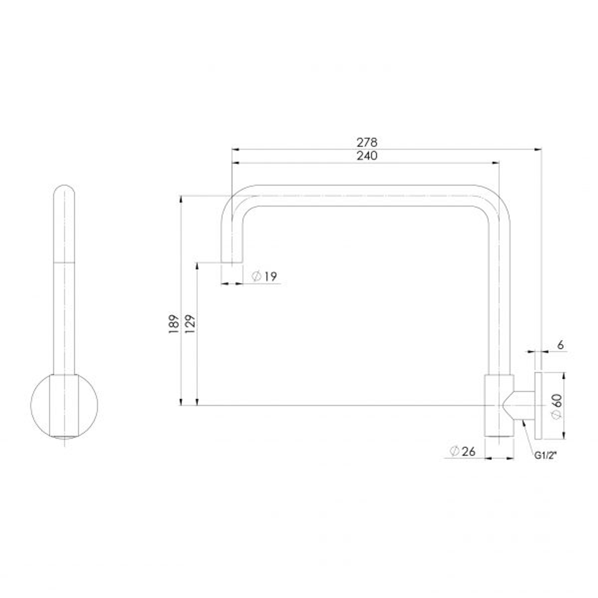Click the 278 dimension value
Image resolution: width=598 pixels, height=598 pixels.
click(x=367, y=142)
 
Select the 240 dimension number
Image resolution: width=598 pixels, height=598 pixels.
click(x=367, y=156)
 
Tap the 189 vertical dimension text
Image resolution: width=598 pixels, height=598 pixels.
click(x=174, y=323)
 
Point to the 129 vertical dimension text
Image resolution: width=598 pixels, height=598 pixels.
click(x=189, y=323)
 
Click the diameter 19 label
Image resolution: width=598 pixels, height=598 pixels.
click(x=264, y=276)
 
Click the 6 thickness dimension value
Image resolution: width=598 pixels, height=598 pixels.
click(x=560, y=345)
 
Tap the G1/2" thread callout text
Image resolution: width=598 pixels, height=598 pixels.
click(x=545, y=456)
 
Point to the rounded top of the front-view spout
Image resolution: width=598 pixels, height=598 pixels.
click(x=65, y=191)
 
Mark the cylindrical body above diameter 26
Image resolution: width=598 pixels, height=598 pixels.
click(x=499, y=407)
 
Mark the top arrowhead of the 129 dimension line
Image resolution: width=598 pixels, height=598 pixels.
click(x=197, y=265)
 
